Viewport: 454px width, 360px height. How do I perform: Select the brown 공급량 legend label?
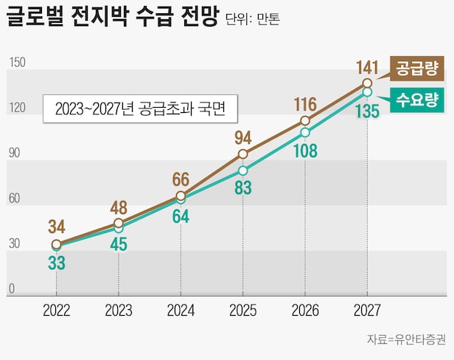tap(417, 70)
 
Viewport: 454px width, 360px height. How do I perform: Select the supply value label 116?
tap(304, 103)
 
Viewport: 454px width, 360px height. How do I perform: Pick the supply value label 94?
tap(242, 138)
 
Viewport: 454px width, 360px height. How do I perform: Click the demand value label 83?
tap(242, 189)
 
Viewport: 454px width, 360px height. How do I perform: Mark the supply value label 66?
tap(181, 179)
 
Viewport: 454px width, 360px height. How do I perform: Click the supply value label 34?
tap(57, 226)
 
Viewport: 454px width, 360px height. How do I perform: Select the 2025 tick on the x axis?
tap(243, 310)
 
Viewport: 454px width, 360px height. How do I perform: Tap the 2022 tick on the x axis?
tap(57, 310)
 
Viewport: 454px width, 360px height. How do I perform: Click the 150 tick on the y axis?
tap(17, 63)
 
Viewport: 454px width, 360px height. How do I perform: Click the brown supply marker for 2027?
tap(367, 83)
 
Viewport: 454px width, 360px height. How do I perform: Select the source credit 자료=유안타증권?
tap(406, 339)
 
